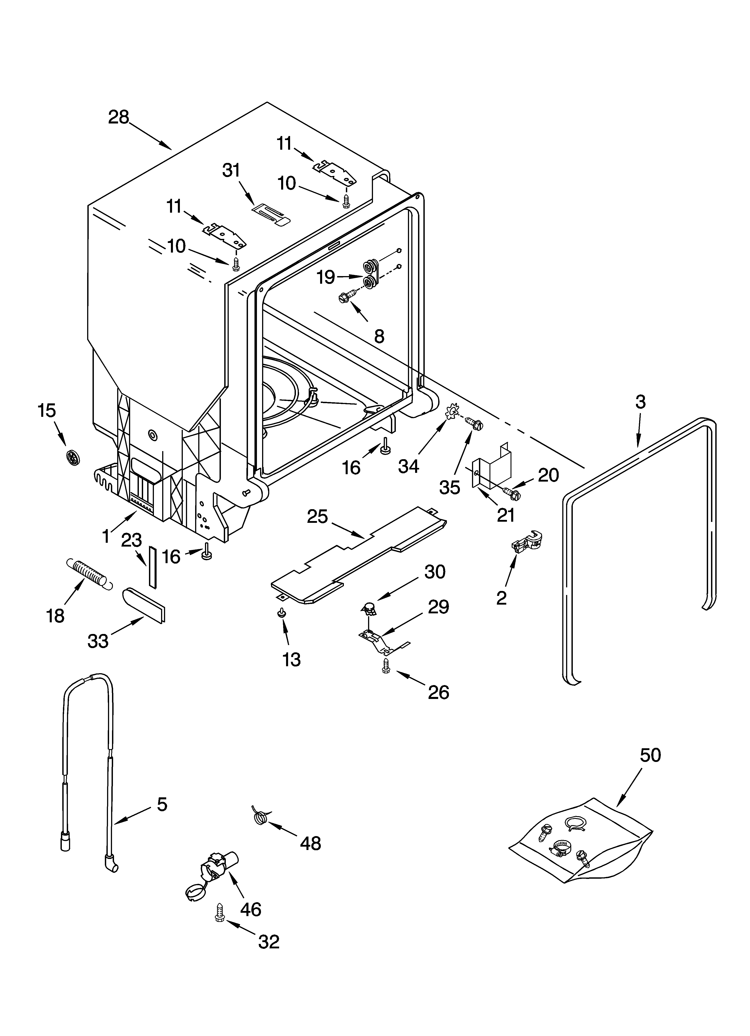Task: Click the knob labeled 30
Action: pyautogui.click(x=368, y=608)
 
